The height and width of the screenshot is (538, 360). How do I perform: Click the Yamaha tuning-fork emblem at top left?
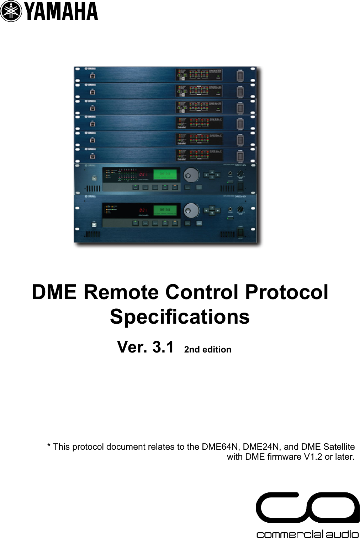pyautogui.click(x=11, y=11)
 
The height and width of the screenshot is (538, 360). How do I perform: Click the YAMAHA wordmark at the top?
pyautogui.click(x=62, y=11)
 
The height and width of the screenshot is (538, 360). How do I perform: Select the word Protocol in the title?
pyautogui.click(x=286, y=292)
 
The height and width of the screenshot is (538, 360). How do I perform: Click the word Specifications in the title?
pyautogui.click(x=180, y=317)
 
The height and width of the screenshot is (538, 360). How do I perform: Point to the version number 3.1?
pyautogui.click(x=163, y=347)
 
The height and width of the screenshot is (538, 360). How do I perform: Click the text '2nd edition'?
pyautogui.click(x=208, y=350)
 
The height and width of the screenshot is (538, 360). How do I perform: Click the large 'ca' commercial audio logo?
pyautogui.click(x=307, y=508)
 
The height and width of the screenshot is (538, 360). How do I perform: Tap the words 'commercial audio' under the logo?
pyautogui.click(x=307, y=534)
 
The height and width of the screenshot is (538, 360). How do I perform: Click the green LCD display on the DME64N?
pyautogui.click(x=165, y=210)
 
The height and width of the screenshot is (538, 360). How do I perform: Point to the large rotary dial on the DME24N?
pyautogui.click(x=191, y=174)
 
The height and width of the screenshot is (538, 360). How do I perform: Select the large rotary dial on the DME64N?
pyautogui.click(x=191, y=210)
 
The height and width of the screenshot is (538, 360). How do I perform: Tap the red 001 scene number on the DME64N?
pyautogui.click(x=143, y=210)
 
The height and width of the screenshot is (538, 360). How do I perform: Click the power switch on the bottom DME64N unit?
pyautogui.click(x=240, y=233)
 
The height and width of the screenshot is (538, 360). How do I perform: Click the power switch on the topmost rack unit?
pyautogui.click(x=240, y=76)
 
